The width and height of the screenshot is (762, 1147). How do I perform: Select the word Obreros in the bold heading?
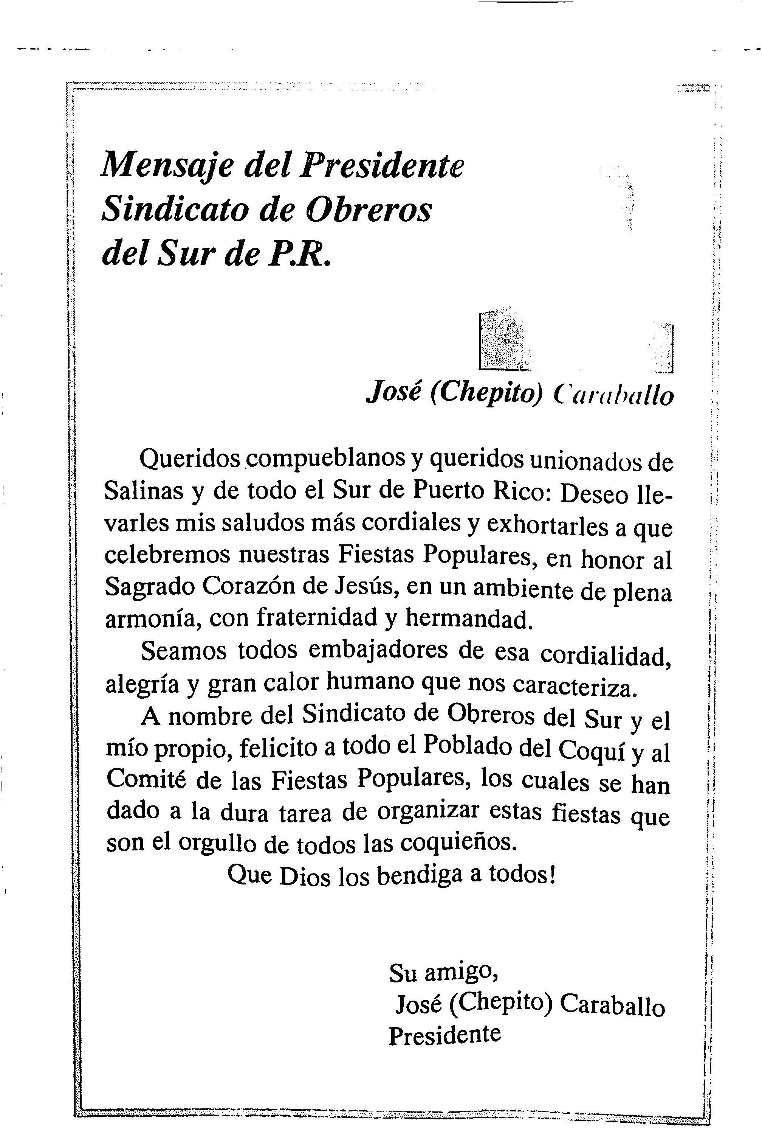(370, 211)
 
